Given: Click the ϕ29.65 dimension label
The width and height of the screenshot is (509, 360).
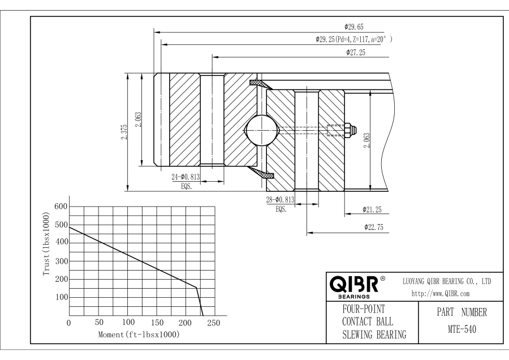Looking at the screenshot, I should [x=354, y=26].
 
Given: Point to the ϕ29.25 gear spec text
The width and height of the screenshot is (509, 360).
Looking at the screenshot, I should [x=353, y=40].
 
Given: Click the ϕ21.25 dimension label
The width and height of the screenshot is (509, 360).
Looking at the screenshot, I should [x=372, y=210].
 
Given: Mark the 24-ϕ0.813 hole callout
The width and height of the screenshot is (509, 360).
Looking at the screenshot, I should [x=186, y=177].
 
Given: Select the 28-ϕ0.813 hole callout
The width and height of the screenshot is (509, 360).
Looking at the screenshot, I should [x=280, y=200].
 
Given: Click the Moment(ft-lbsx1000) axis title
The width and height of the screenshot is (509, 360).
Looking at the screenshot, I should [x=139, y=335].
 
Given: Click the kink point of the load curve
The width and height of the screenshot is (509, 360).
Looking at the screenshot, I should [x=196, y=287].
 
